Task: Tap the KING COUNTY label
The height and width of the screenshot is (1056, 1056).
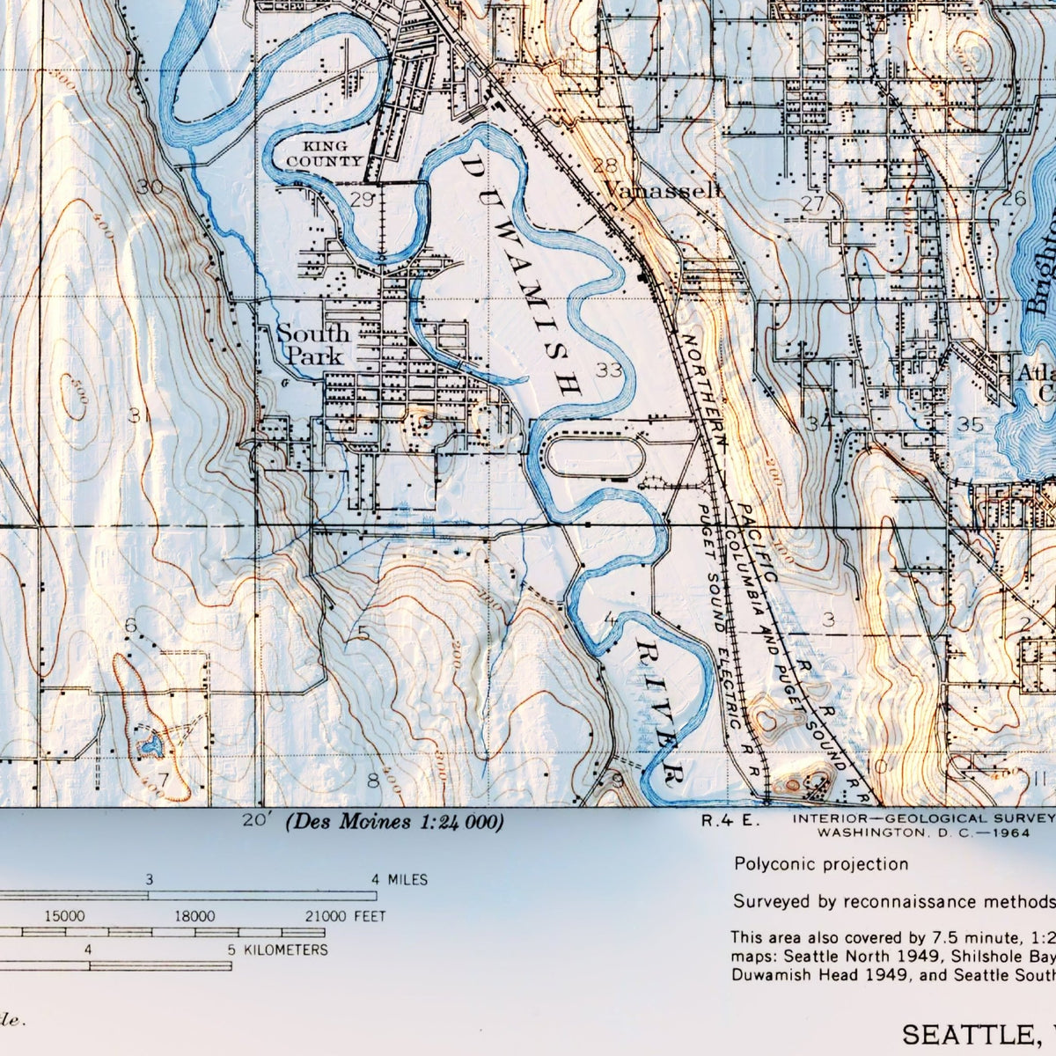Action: pyautogui.click(x=324, y=153)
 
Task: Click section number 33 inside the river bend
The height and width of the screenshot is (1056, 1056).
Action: pyautogui.click(x=608, y=370)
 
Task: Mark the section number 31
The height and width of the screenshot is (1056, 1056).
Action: pyautogui.click(x=136, y=415)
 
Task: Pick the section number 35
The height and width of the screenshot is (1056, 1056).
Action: pyautogui.click(x=970, y=425)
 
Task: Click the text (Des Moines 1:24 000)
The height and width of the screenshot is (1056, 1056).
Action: pyautogui.click(x=394, y=822)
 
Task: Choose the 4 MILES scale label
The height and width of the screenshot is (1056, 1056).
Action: pyautogui.click(x=400, y=879)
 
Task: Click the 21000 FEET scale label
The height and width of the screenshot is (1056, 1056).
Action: pyautogui.click(x=346, y=916)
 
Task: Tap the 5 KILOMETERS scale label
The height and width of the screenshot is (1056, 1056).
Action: pyautogui.click(x=278, y=950)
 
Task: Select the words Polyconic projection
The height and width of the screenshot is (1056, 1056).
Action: pyautogui.click(x=821, y=864)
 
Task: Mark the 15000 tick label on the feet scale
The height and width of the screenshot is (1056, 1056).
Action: pyautogui.click(x=65, y=916)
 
